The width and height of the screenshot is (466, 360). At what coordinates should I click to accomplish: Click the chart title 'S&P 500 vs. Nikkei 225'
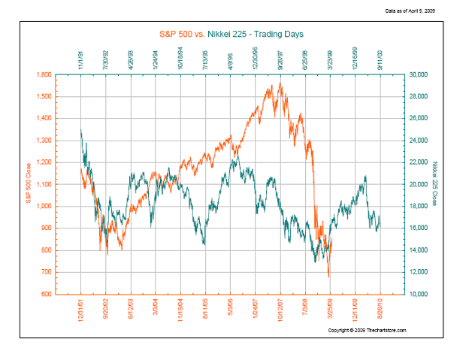pyautogui.click(x=234, y=35)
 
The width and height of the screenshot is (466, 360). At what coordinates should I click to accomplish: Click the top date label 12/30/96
pyautogui.click(x=256, y=59)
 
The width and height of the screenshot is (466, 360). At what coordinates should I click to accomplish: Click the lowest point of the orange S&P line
pyautogui.click(x=328, y=277)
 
